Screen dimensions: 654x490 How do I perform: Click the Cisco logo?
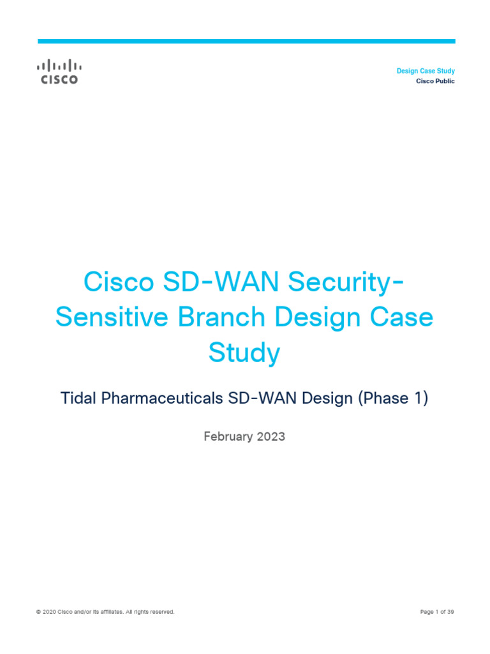[x=58, y=72]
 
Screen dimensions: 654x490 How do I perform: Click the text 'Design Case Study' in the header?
[x=426, y=71]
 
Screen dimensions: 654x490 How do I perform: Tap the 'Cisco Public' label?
[x=435, y=81]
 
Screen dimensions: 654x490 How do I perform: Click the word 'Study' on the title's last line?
[x=244, y=353]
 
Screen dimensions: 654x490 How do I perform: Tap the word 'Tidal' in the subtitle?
[x=76, y=399]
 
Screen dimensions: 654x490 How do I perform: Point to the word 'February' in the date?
[x=228, y=437]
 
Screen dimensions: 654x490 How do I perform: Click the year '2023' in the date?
[x=271, y=437]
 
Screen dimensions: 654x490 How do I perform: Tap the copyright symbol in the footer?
[x=39, y=612]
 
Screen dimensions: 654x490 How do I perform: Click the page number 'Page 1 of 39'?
[x=437, y=612]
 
